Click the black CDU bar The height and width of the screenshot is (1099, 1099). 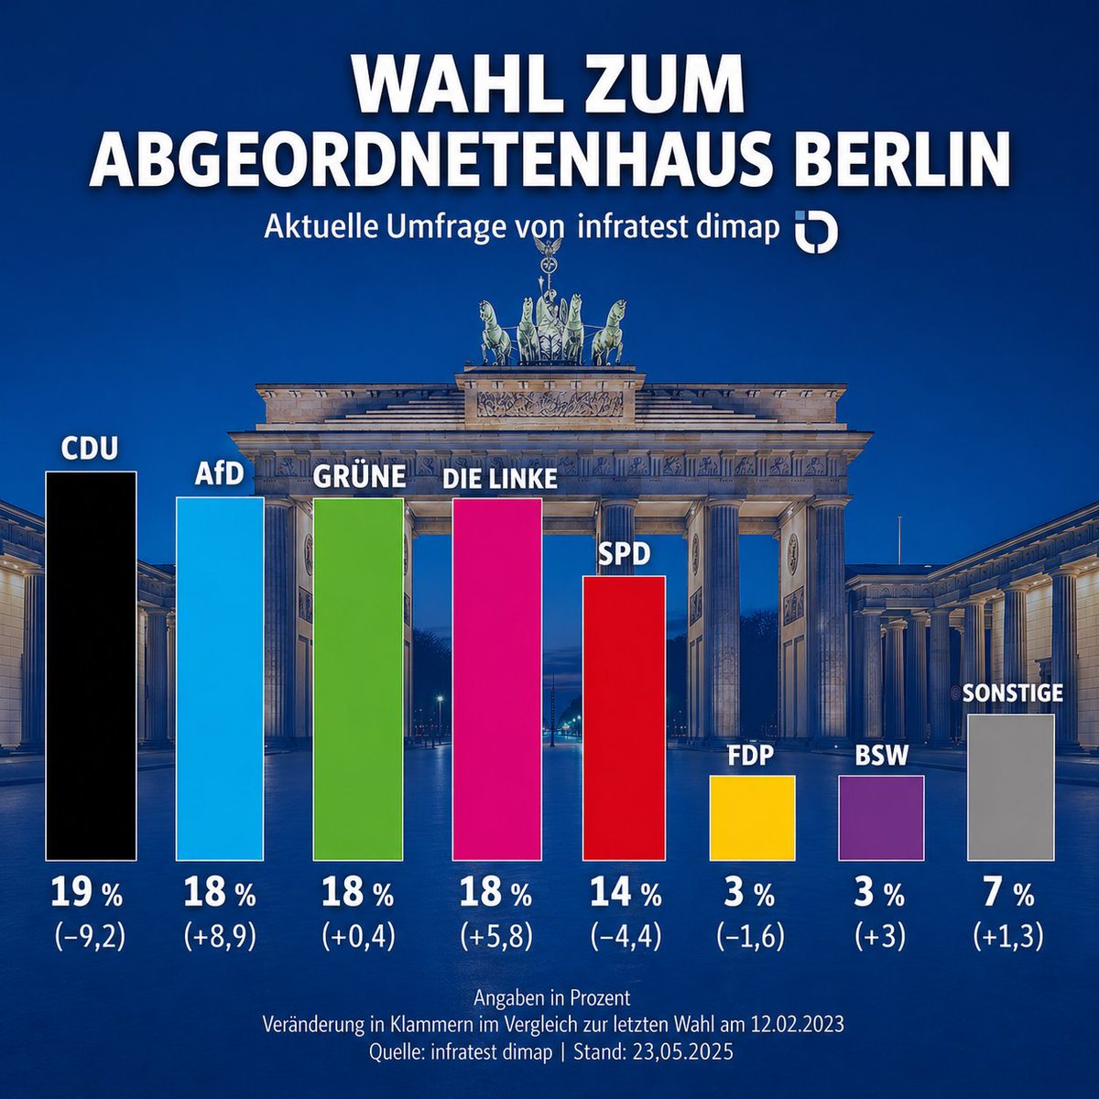click(91, 666)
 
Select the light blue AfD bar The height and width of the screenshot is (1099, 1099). click(220, 679)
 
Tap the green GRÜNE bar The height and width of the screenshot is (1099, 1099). click(358, 679)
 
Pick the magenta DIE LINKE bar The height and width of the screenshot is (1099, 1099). click(497, 679)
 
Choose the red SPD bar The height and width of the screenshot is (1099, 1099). click(625, 718)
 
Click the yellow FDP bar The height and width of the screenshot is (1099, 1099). click(752, 818)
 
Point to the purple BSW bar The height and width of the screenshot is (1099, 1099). click(881, 818)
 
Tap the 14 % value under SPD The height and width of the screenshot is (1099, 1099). click(626, 892)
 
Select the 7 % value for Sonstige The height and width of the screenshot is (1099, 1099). click(1009, 892)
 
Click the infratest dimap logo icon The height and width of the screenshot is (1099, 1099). click(815, 230)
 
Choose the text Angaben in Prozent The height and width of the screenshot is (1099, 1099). click(552, 997)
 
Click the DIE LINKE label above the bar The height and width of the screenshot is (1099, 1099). click(500, 479)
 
